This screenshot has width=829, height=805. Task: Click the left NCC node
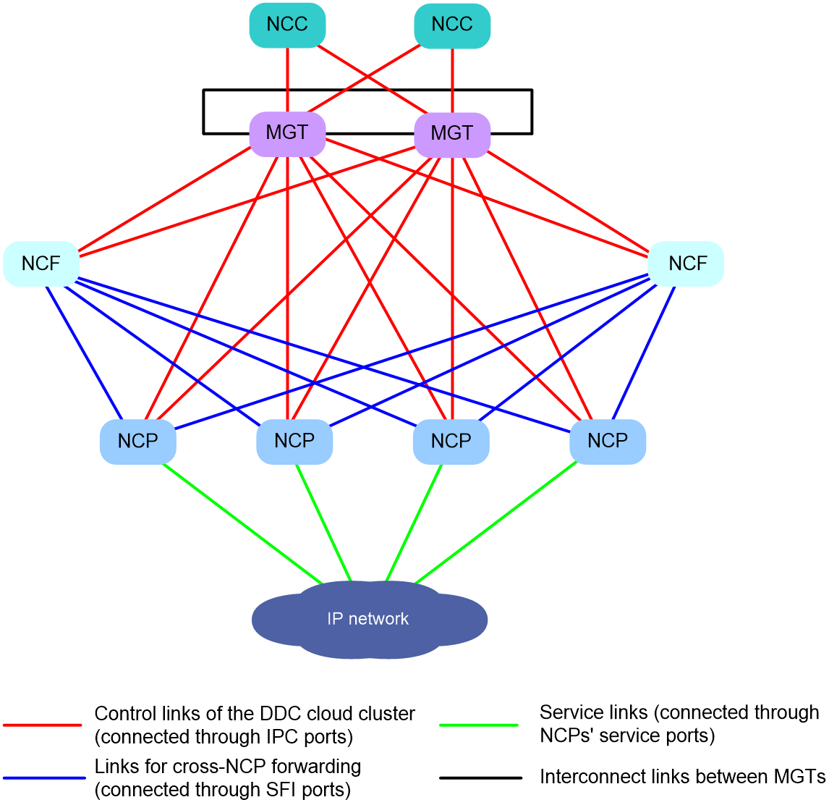point(287,25)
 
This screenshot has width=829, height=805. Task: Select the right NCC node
point(452,25)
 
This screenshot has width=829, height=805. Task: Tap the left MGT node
point(287,134)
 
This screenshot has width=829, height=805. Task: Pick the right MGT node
point(452,135)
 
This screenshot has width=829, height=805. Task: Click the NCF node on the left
point(41,264)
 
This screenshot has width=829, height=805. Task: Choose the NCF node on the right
point(686,264)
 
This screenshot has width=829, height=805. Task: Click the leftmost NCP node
point(138,442)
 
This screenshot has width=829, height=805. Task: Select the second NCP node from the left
point(294,442)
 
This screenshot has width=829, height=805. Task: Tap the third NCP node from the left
point(451,442)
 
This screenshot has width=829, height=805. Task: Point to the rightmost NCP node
point(608,442)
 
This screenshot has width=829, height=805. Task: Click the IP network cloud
point(369,619)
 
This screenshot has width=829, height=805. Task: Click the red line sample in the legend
point(42,725)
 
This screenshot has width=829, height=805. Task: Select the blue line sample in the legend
point(44,778)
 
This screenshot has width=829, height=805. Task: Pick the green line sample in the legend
point(478,725)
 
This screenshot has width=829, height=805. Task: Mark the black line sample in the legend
point(480,778)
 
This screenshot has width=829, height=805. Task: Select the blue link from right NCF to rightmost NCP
point(643,353)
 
